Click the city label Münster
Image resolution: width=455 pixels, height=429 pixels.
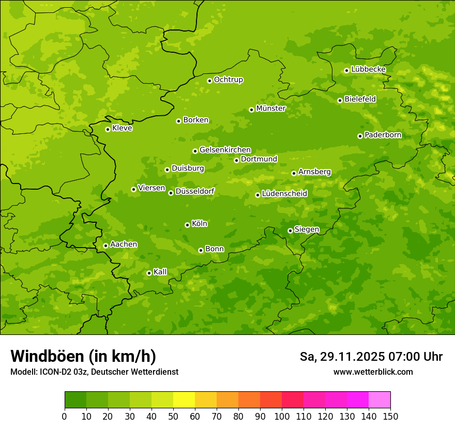[x=271, y=109]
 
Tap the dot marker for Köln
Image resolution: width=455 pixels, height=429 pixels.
[x=187, y=225]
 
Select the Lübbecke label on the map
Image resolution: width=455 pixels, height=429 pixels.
[x=368, y=69]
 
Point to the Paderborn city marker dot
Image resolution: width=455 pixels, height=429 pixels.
[x=360, y=136]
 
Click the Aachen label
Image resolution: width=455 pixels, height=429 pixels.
[x=124, y=244]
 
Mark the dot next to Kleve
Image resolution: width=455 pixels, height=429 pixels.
[x=108, y=129]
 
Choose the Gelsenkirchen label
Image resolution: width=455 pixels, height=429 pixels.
[x=225, y=150]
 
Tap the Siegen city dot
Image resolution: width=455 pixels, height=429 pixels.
[x=290, y=231]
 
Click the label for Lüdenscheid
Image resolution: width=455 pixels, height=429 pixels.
[x=284, y=194]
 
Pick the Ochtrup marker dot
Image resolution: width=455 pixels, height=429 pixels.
[x=209, y=81]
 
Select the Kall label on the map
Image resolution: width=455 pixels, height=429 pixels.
[x=160, y=272]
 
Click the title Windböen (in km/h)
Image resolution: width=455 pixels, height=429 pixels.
[x=83, y=356]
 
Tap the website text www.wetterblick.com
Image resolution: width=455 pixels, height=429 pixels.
[x=373, y=372]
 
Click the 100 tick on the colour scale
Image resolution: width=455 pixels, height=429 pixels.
[x=282, y=417]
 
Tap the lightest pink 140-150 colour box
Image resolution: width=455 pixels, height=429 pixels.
[x=379, y=400]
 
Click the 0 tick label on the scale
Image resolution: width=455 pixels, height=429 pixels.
[x=65, y=417]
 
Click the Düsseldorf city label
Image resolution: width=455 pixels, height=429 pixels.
[x=195, y=192]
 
